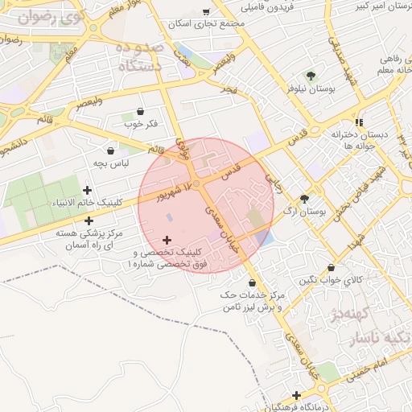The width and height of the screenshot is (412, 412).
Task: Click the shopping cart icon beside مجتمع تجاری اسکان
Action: (x=207, y=12)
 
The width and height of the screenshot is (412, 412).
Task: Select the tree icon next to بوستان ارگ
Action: (x=304, y=199)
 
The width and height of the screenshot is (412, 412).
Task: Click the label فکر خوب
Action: (x=140, y=124)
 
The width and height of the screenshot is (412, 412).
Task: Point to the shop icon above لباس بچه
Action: (x=110, y=150)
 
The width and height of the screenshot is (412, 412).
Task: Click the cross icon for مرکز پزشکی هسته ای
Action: (x=88, y=220)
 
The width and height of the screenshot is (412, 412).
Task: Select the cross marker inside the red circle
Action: (x=167, y=240)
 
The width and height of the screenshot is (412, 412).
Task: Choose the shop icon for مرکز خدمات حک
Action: (x=253, y=283)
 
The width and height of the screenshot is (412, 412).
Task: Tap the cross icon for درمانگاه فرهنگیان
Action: (x=297, y=395)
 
